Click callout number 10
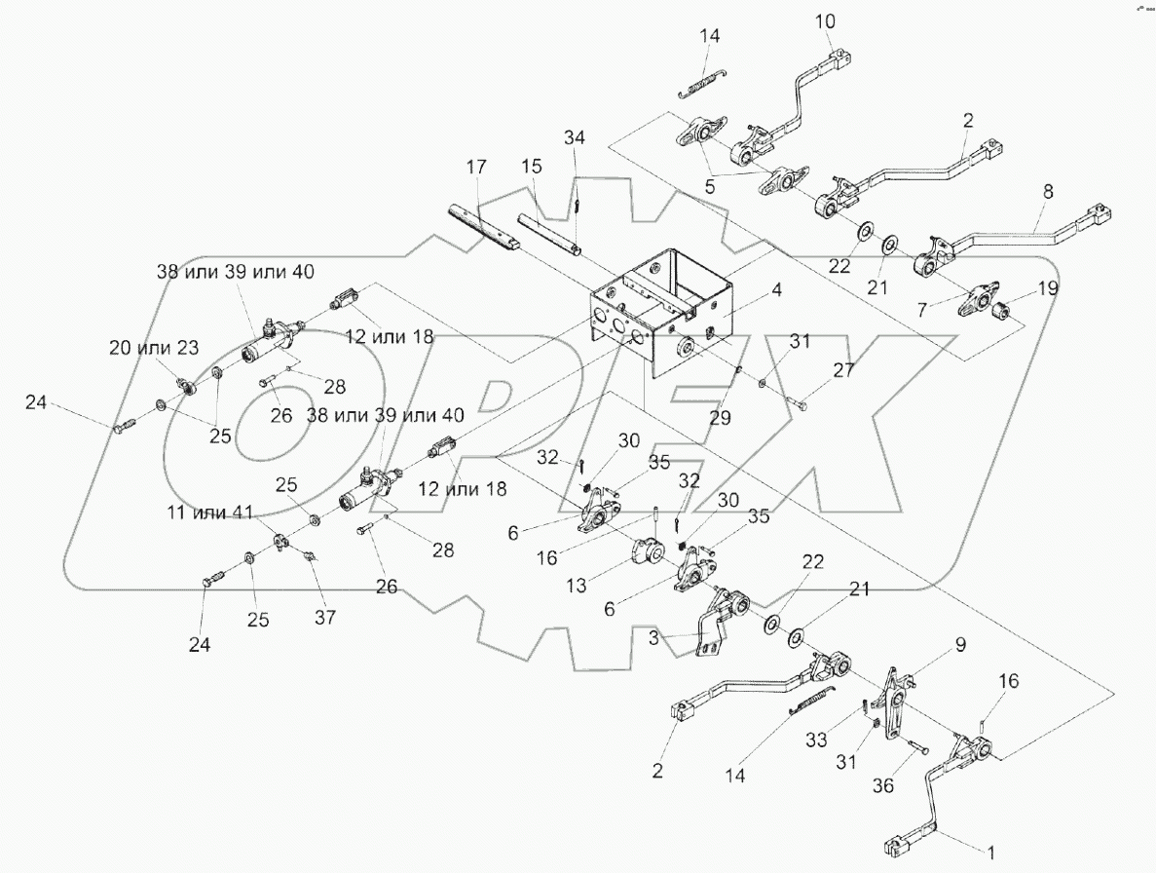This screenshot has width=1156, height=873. (824, 21)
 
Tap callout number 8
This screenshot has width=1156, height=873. (1047, 193)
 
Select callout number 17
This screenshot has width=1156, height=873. (475, 168)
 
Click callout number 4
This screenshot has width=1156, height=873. (777, 290)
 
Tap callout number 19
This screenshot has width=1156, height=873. (1047, 288)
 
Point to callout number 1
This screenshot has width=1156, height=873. (991, 854)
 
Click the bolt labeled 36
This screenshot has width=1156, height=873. (918, 750)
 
